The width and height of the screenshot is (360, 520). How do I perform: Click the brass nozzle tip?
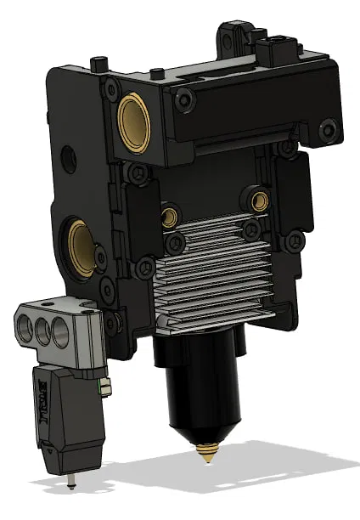205,455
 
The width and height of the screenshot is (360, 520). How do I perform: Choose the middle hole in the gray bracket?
41,330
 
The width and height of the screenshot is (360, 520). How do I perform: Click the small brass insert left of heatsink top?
171,216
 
